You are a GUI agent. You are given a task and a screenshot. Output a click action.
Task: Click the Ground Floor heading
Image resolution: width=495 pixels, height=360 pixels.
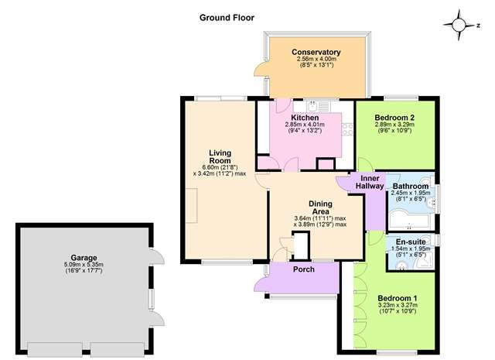[x=227, y=18]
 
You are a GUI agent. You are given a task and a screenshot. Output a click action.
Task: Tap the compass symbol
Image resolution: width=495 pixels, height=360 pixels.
[x=459, y=25]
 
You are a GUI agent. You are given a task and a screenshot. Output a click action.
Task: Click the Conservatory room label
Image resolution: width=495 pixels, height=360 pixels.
[x=316, y=52]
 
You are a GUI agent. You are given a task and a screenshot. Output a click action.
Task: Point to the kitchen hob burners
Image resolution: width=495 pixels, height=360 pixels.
[x=347, y=129]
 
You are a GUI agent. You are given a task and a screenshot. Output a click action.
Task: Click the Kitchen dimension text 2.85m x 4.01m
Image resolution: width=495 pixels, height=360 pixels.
[x=305, y=125]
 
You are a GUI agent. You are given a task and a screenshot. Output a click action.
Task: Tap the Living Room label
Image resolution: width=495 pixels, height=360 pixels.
[x=220, y=156]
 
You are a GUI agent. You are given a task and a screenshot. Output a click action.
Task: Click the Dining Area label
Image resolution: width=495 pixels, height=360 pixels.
[x=320, y=207]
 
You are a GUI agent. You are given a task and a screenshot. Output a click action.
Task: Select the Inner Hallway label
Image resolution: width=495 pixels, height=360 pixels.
[x=370, y=182]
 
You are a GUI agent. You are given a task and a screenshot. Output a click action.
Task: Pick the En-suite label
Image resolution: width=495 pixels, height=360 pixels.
[x=411, y=242]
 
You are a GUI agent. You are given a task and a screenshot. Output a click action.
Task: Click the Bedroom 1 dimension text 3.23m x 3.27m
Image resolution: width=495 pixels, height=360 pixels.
[x=398, y=305]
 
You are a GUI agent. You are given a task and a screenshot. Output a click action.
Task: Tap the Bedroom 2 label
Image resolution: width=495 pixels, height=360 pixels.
[x=394, y=117]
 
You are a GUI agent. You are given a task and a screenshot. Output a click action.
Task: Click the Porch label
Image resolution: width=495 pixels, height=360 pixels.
[x=304, y=269]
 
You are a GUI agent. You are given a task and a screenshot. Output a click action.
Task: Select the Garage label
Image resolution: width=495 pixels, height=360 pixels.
[x=84, y=258]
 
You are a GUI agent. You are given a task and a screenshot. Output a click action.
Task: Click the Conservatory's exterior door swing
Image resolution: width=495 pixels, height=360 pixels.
[x=261, y=68]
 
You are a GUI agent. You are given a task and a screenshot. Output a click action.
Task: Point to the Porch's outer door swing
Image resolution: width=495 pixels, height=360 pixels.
[x=261, y=283]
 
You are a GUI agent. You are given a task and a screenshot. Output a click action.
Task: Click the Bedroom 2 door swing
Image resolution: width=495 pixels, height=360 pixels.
[x=365, y=164]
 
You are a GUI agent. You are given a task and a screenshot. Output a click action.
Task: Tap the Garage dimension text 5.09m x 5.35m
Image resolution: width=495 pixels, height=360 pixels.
[x=84, y=265]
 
